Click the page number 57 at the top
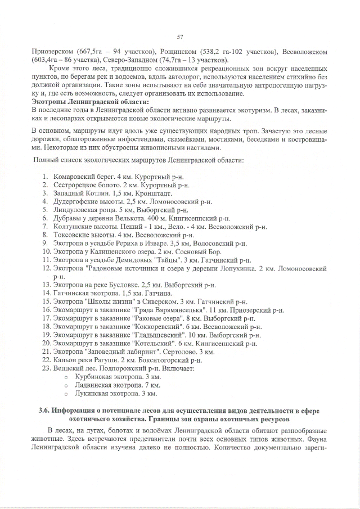(x=180, y=37)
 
